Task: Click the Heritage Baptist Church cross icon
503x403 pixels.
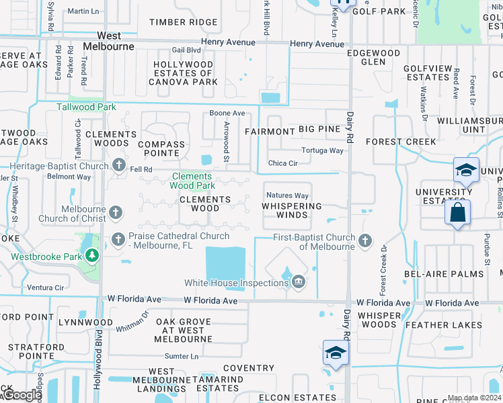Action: [119, 165]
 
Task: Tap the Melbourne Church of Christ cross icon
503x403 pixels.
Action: [116, 214]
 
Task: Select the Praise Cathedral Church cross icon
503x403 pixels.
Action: [119, 238]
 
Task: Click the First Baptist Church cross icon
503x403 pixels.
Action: [365, 240]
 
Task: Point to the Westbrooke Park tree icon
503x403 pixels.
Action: [91, 255]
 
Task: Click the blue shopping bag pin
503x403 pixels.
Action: [457, 214]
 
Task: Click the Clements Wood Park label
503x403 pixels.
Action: [192, 181]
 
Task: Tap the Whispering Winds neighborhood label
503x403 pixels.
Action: [291, 211]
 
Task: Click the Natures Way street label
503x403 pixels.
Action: [287, 196]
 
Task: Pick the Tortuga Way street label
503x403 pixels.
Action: [322, 150]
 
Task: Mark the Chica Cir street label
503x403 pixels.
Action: [282, 163]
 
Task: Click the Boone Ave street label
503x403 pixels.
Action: [227, 114]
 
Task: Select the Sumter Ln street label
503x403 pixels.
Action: [182, 356]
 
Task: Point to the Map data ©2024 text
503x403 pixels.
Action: [474, 398]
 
